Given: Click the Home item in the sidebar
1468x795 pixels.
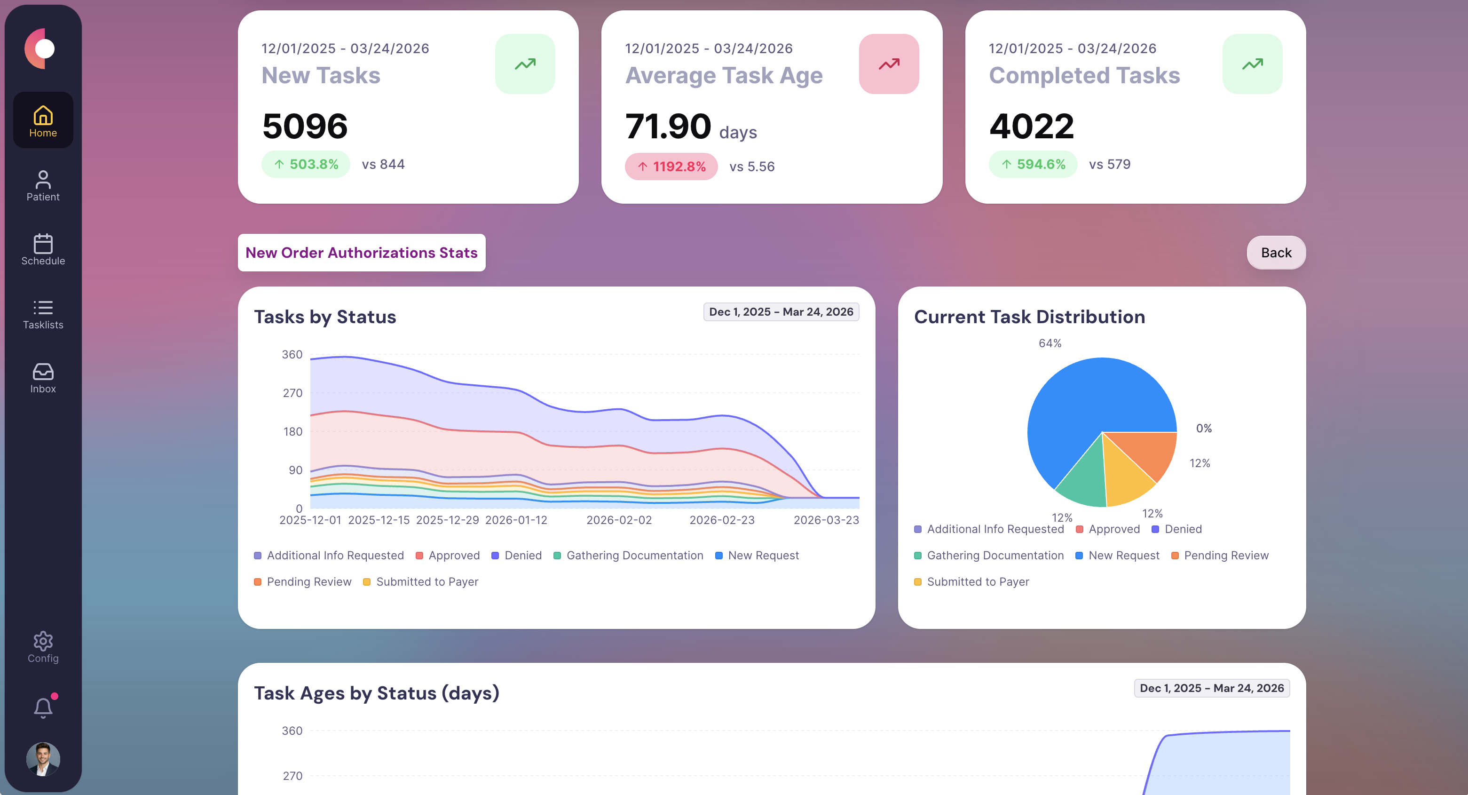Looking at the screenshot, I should coord(43,120).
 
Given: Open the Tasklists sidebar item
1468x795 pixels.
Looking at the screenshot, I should coord(43,314).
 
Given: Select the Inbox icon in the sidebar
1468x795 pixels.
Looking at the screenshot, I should coord(43,372).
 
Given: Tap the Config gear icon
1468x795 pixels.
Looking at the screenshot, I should coord(43,641).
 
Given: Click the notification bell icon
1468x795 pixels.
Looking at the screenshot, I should coord(43,708).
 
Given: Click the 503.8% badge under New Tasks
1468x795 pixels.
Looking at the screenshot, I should coord(306,164).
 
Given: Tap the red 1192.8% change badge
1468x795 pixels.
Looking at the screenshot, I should coord(671,167).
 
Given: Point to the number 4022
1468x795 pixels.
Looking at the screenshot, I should coord(1032,126).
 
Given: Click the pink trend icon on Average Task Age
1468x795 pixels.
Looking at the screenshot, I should coord(888,64).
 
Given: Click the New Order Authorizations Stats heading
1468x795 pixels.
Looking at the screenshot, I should coord(361,253).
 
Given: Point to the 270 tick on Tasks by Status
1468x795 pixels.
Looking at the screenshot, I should coord(292,393).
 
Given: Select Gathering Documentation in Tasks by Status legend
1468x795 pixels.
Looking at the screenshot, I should coord(634,556).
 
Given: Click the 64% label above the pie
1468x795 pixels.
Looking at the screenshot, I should coord(1050,343).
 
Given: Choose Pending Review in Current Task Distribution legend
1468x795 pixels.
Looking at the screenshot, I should coord(1226,556).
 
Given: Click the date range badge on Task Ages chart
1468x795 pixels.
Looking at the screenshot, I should coord(1212,688).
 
